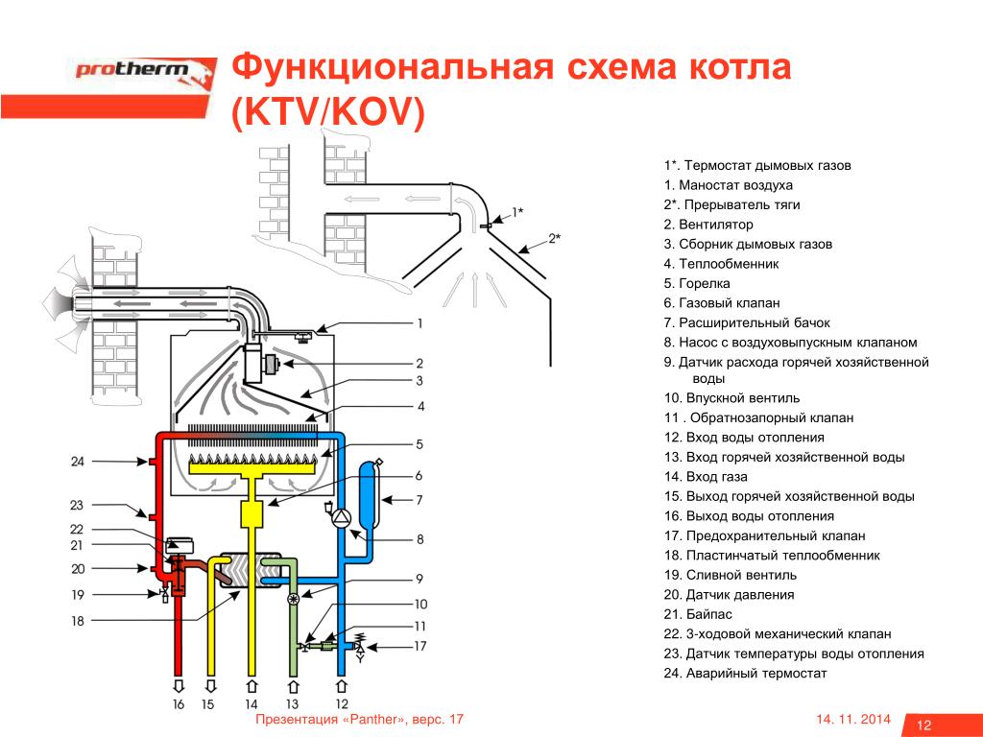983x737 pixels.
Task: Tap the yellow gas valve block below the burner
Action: pos(252,514)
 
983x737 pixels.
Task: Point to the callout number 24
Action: pos(77,462)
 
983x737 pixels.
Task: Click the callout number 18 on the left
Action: pos(77,621)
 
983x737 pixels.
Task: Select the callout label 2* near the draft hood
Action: pos(554,238)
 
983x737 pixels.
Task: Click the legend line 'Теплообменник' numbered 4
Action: pos(721,264)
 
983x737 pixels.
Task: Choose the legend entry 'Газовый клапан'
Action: pos(722,303)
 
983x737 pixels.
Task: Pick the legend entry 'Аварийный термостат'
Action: pos(745,673)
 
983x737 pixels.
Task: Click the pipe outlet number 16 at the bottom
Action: pos(179,704)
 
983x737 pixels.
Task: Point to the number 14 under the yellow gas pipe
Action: pos(252,704)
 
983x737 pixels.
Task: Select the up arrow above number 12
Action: pos(342,685)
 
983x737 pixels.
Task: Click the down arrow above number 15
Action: pos(210,685)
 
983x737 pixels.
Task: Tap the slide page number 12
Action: pos(924,725)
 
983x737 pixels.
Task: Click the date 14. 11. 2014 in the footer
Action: pos(853,719)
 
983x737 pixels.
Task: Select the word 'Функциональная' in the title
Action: pos(393,67)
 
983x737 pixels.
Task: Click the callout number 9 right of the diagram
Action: pos(420,579)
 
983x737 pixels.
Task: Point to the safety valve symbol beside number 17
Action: pos(361,647)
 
